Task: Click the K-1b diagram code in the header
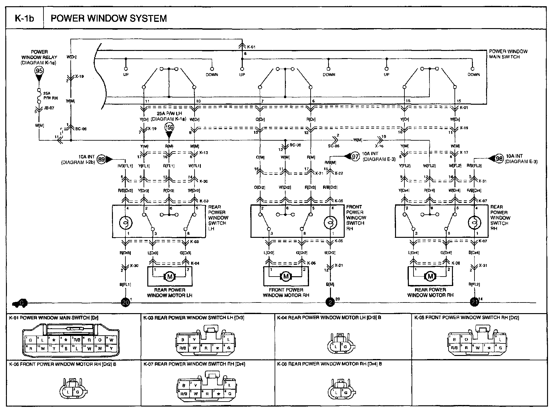coord(24,18)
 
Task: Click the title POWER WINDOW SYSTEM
coord(109,18)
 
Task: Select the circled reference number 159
coord(169,128)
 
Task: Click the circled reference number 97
coord(355,157)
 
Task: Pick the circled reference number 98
coord(500,159)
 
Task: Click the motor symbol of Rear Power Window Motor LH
coord(170,277)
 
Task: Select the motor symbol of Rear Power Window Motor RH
coord(430,277)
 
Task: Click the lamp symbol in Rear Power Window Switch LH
coord(126,223)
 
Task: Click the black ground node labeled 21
coord(474,302)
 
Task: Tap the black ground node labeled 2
coord(330,302)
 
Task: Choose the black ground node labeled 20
coord(126,302)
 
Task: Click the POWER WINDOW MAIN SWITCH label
coord(508,54)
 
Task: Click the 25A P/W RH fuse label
coord(50,95)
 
